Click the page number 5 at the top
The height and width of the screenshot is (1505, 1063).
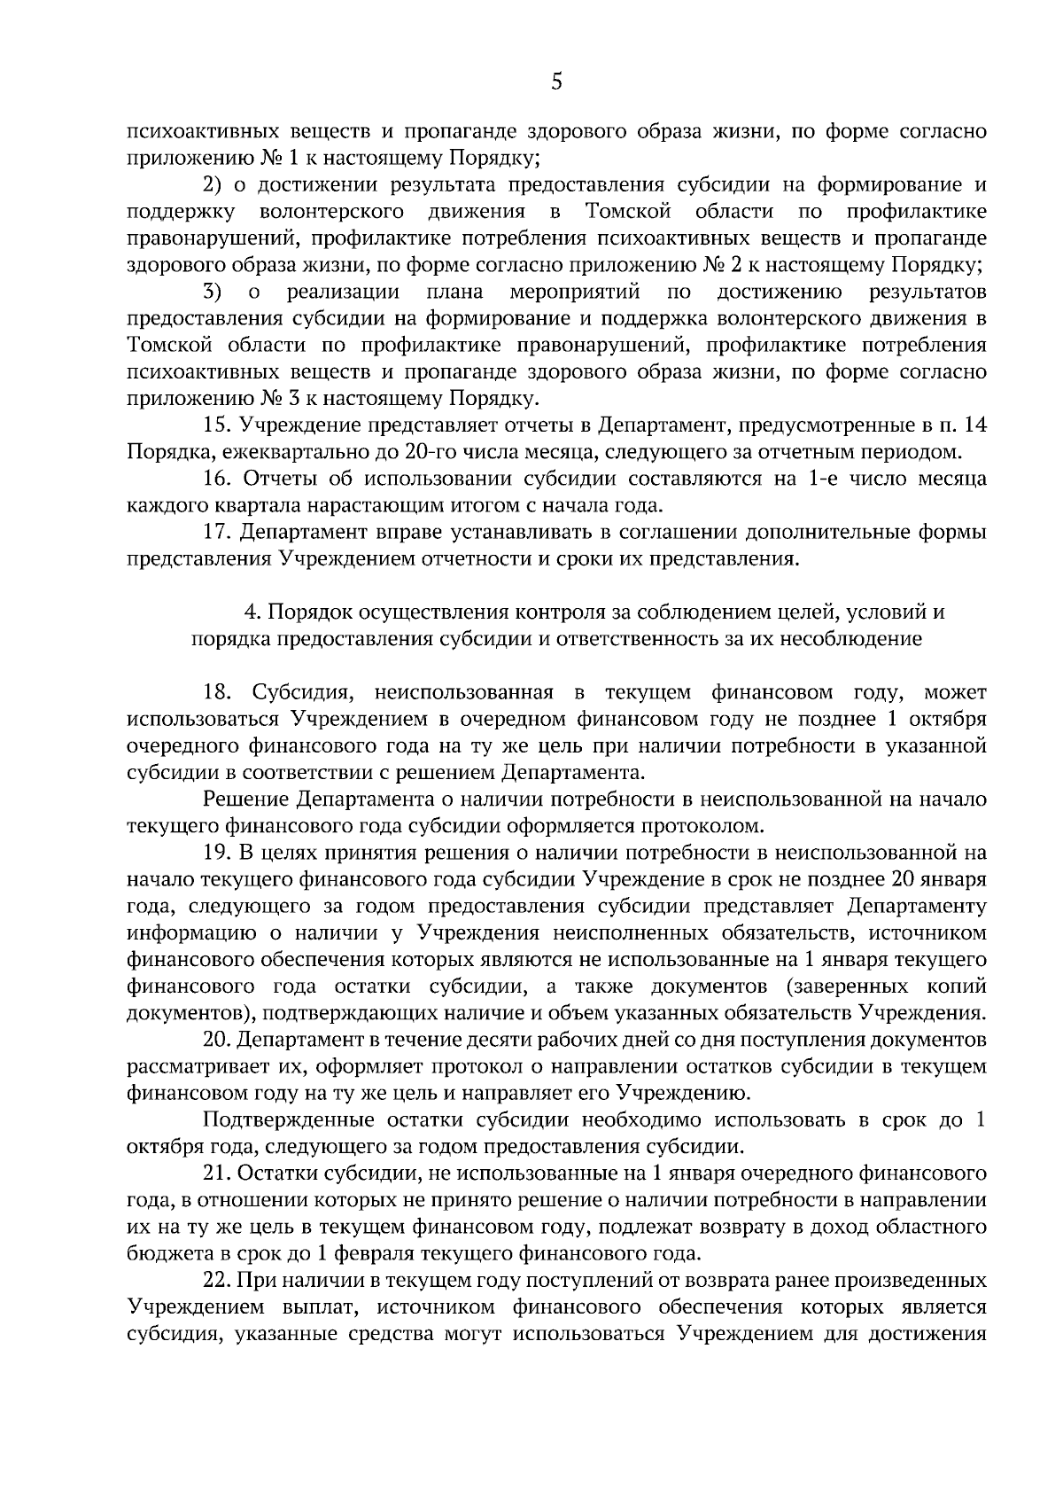(555, 82)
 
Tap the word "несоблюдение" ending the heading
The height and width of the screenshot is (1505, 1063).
(850, 639)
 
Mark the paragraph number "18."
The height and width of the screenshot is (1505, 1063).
(218, 692)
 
